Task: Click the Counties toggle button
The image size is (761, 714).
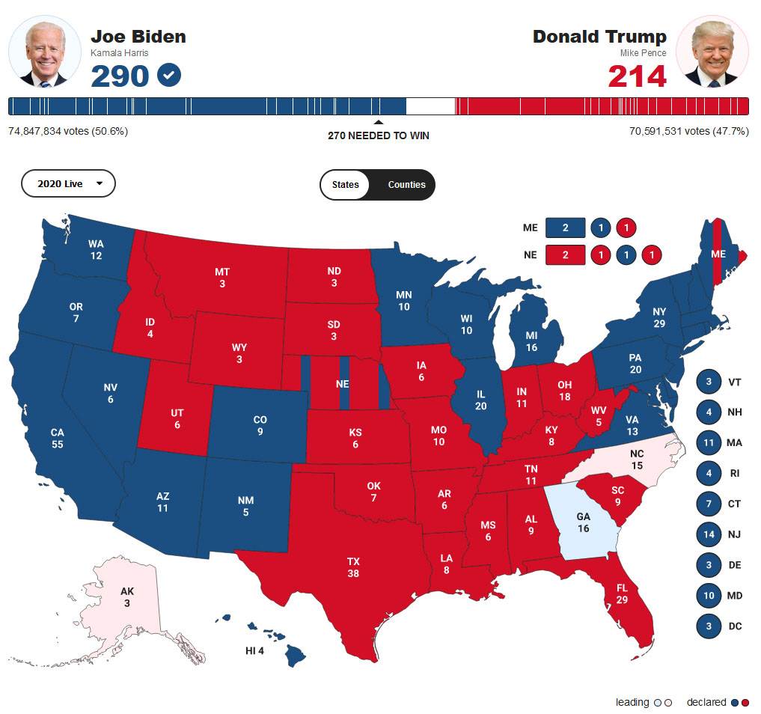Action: pyautogui.click(x=406, y=185)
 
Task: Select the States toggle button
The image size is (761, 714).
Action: pyautogui.click(x=345, y=185)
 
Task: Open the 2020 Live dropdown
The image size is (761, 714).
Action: pyautogui.click(x=68, y=183)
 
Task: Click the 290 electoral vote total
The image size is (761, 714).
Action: pyautogui.click(x=120, y=76)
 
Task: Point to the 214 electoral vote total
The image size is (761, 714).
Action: pyautogui.click(x=637, y=76)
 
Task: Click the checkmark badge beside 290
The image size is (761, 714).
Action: pyautogui.click(x=170, y=75)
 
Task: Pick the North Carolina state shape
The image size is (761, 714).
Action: pyautogui.click(x=636, y=460)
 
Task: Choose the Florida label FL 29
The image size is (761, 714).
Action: pyautogui.click(x=622, y=594)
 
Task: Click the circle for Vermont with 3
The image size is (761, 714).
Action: pyautogui.click(x=708, y=382)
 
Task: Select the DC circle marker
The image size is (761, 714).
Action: pyautogui.click(x=708, y=626)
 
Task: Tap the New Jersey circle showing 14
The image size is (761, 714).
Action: pyautogui.click(x=708, y=534)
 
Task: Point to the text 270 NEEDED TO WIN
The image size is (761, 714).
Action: pyautogui.click(x=379, y=136)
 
